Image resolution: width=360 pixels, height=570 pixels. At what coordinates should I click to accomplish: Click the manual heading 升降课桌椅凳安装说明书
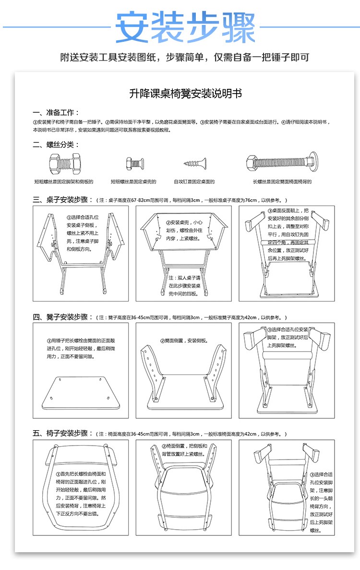pos(185,94)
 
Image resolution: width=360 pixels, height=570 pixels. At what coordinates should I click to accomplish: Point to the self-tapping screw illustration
pos(194,164)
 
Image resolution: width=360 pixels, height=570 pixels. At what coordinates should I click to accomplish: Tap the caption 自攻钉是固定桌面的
pos(194,182)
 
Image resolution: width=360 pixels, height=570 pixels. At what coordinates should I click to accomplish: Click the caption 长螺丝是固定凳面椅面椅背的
pos(282,182)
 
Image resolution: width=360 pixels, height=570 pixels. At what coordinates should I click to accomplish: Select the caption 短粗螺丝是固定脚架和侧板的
pos(63,182)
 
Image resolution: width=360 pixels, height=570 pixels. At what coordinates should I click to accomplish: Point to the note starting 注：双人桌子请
pos(184,278)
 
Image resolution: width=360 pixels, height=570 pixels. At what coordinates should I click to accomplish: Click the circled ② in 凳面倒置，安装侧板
pos(162,341)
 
